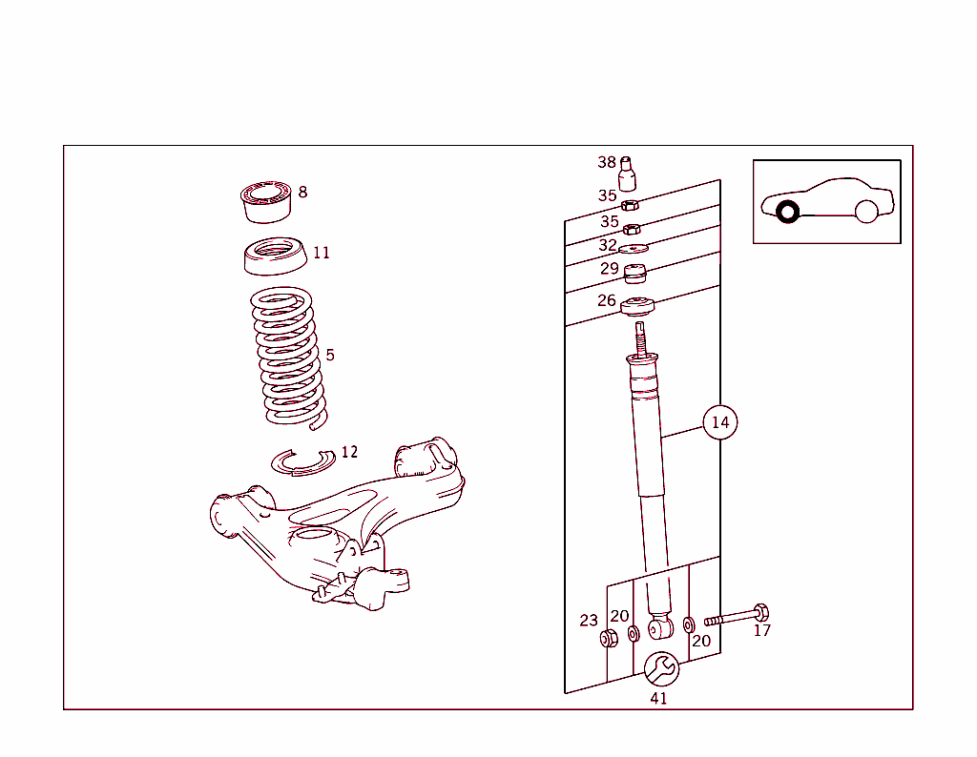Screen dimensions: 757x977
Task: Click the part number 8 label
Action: [x=302, y=192]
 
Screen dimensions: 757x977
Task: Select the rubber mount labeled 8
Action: [x=265, y=200]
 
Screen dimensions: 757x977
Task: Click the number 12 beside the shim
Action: [x=349, y=452]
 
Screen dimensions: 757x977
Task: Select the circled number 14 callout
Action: [x=719, y=422]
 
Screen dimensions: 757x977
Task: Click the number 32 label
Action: [x=608, y=245]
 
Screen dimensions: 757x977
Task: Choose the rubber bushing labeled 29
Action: [x=635, y=274]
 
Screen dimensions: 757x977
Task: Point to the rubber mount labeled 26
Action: [x=636, y=307]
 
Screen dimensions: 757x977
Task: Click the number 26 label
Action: [x=607, y=301]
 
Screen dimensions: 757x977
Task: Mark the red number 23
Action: [x=589, y=621]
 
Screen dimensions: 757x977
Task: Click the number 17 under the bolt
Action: [x=761, y=630]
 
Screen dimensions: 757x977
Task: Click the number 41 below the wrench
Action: [x=658, y=698]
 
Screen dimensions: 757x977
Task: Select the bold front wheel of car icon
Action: [x=787, y=212]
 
